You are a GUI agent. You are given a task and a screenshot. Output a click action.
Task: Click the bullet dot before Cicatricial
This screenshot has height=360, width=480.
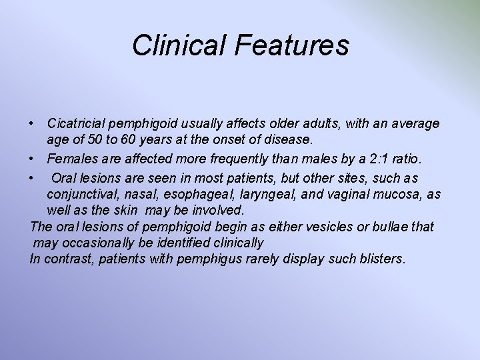click(32, 125)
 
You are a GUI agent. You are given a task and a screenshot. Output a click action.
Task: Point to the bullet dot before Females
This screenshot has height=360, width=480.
click(32, 159)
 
